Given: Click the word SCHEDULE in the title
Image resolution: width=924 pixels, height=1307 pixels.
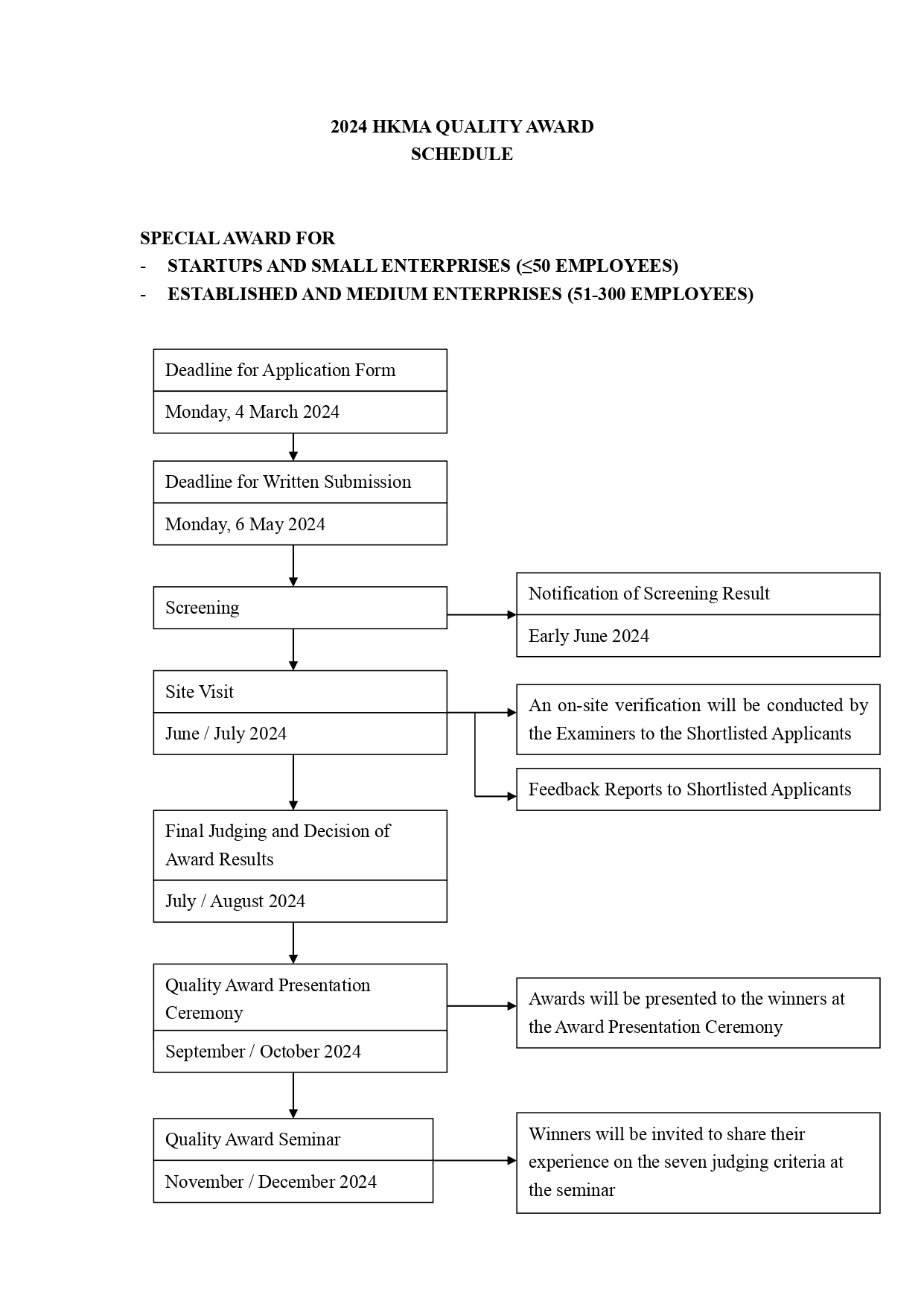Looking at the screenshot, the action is point(462,154).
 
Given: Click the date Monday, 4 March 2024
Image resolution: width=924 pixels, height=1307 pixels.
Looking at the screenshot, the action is point(252,412).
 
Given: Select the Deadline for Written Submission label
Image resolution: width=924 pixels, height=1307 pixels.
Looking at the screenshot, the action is point(288,482).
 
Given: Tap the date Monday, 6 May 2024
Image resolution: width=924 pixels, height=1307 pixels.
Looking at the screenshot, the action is point(245,524).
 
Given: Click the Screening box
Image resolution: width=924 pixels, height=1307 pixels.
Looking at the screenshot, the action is point(300,608).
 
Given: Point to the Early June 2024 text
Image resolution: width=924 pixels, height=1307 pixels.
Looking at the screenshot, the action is point(589,636).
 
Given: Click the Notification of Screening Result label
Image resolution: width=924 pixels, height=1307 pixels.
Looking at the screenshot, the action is point(649,594).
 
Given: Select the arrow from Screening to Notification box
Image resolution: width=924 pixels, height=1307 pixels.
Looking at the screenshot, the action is point(482,615).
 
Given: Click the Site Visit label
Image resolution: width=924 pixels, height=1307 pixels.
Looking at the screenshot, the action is point(200,692).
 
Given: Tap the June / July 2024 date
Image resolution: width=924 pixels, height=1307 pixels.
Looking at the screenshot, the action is point(226,734).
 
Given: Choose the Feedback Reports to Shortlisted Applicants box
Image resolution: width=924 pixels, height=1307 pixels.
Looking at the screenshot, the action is point(698,789).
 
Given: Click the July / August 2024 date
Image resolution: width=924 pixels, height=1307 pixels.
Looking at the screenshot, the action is point(235,901).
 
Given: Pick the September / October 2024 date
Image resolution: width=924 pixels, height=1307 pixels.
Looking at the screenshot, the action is point(263,1052).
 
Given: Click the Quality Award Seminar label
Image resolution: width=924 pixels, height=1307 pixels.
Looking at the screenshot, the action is point(252,1139).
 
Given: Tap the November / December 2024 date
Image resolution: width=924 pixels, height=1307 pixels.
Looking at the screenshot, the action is point(271,1182).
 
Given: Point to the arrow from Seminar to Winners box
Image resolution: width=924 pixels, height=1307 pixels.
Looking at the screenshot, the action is point(475,1160).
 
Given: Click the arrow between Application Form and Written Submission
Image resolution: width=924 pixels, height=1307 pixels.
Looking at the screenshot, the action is point(293,447).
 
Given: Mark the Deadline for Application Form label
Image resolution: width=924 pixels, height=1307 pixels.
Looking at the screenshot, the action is point(281,370).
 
